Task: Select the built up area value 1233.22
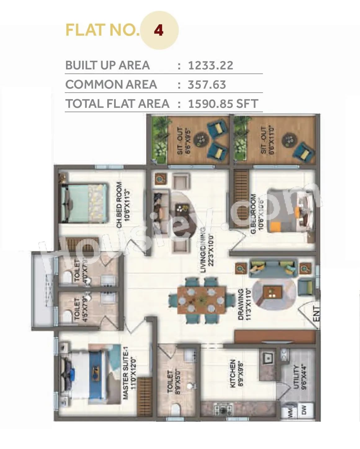211,65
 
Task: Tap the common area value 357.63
207,85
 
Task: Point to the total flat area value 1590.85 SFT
223,103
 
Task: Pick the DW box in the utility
304,410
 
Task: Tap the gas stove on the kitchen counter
223,410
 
